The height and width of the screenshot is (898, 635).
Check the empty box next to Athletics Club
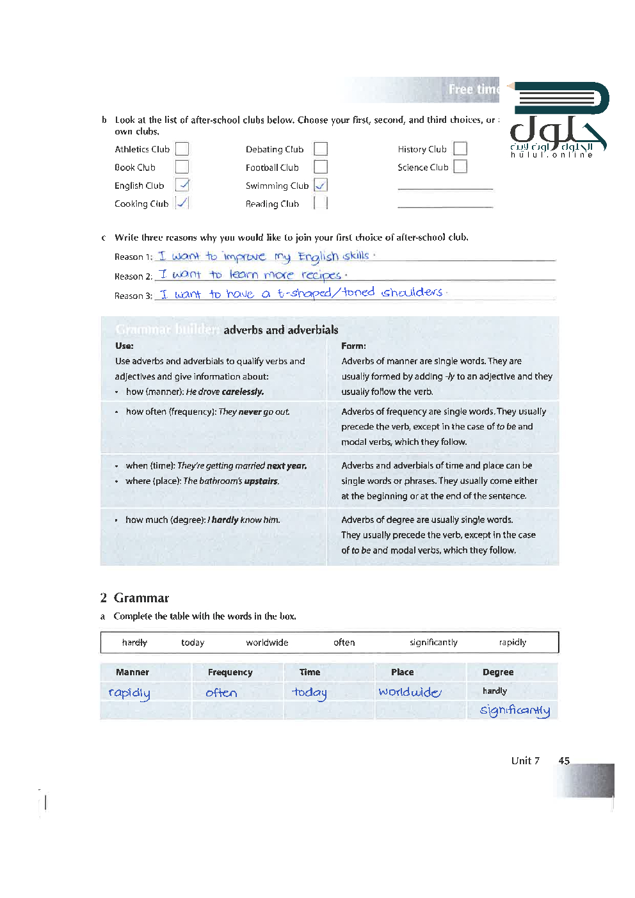click(182, 149)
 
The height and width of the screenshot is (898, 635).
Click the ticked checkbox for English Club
click(182, 185)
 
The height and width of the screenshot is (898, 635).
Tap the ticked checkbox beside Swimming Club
click(321, 185)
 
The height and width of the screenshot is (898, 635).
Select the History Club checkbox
click(460, 148)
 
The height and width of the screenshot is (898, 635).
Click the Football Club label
click(272, 168)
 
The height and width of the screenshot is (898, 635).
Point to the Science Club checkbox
click(460, 166)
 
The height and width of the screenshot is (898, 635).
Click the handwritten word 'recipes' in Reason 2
click(321, 275)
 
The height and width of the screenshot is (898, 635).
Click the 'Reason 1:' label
click(133, 257)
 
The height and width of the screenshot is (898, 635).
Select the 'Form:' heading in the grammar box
click(353, 346)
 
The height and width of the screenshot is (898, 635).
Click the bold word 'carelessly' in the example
click(243, 392)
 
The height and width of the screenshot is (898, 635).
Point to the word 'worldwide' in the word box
click(267, 643)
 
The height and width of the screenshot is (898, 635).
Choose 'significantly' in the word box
click(433, 643)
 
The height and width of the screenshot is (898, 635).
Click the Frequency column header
click(230, 673)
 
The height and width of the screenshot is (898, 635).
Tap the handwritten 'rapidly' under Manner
click(129, 693)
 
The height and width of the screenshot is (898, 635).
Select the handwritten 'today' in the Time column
click(310, 693)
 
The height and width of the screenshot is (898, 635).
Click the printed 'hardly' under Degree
click(495, 691)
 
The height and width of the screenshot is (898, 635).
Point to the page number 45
click(564, 761)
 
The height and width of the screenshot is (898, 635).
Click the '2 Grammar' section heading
click(134, 598)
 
